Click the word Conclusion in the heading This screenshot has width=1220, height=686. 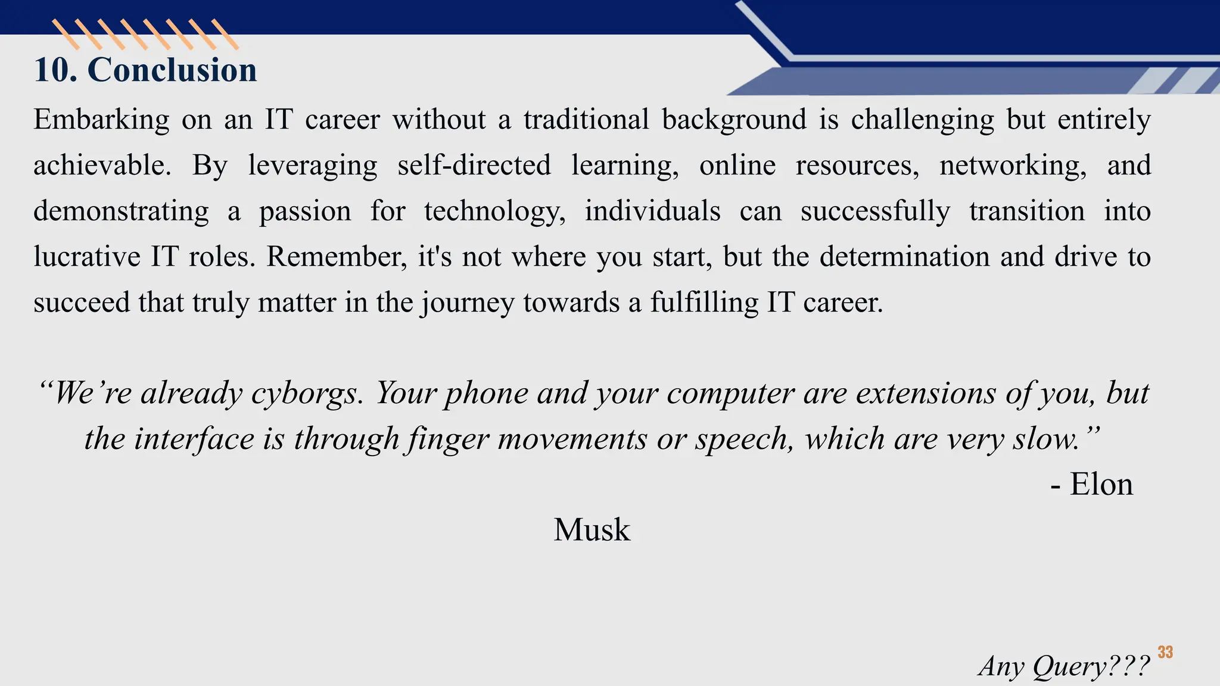point(172,70)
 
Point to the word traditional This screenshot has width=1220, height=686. point(586,119)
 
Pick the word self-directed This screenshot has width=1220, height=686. point(474,165)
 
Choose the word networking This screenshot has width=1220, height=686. point(1013,166)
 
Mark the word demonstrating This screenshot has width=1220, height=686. point(121,212)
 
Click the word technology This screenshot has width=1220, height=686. point(494,212)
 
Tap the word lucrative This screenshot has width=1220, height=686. point(87,257)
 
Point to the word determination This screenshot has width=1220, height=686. point(903,257)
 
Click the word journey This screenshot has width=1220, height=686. point(468,303)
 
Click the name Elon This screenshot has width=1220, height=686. point(1101,484)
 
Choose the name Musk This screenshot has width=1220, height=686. point(592,529)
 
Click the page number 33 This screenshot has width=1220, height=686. point(1165,653)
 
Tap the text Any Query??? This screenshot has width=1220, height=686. point(1063,666)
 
